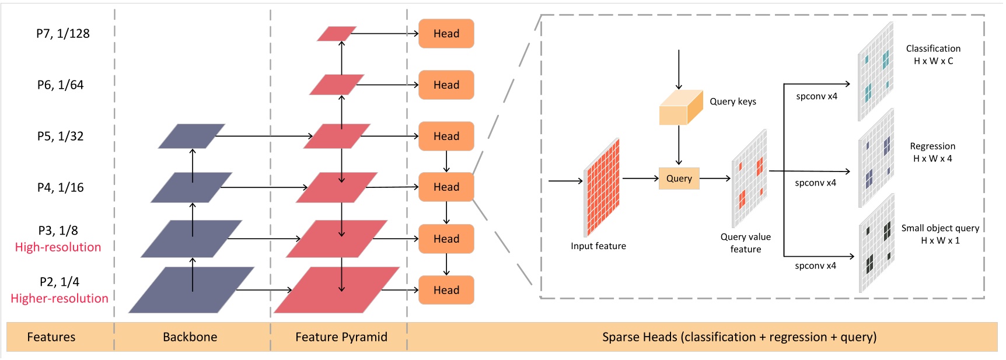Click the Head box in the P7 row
(x=446, y=34)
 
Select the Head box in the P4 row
(x=446, y=187)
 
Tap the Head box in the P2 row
(x=446, y=290)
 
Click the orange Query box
(x=679, y=179)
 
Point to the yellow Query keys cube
(x=680, y=108)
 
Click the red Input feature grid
(x=601, y=187)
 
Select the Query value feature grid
(x=749, y=178)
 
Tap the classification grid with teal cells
(x=875, y=71)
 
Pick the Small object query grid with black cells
(x=876, y=243)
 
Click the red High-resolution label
(x=58, y=247)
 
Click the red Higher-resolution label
(x=60, y=299)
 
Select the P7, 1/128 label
(x=63, y=34)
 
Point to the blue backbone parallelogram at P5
(x=191, y=136)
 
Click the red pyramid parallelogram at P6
(x=337, y=85)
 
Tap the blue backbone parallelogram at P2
(x=191, y=290)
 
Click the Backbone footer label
(x=190, y=337)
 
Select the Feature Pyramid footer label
(x=341, y=337)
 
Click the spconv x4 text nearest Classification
(x=816, y=96)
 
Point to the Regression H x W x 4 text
(x=932, y=152)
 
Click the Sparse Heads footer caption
(x=739, y=337)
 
